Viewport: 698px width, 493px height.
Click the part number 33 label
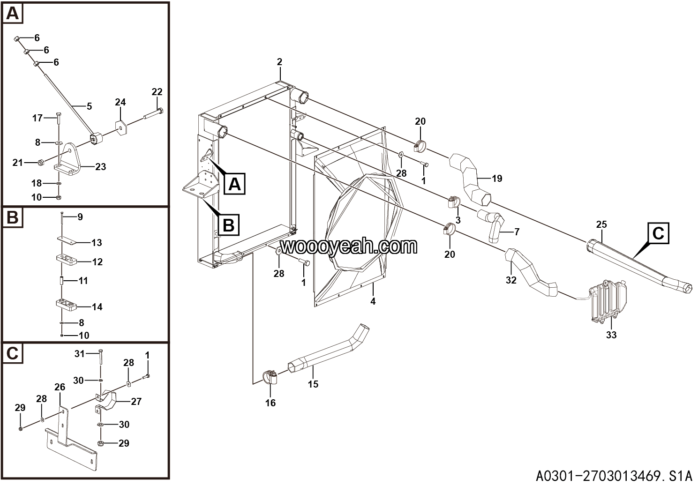(x=611, y=335)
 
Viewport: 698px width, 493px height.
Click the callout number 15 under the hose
(x=313, y=384)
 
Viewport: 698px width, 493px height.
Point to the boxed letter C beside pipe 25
(x=658, y=233)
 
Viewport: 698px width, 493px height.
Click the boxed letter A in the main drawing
(x=234, y=184)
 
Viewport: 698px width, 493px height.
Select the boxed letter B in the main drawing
(x=228, y=225)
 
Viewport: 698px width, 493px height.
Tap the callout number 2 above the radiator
(x=280, y=62)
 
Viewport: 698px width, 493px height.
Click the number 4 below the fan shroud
(x=373, y=301)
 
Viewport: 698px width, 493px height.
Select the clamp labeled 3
(x=453, y=202)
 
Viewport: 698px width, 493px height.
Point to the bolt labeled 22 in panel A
(x=153, y=113)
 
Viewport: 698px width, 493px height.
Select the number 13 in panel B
(x=97, y=243)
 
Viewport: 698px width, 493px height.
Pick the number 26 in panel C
(x=60, y=387)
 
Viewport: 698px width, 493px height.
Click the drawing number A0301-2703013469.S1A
(x=614, y=476)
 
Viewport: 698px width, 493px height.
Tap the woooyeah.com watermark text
(x=349, y=246)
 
